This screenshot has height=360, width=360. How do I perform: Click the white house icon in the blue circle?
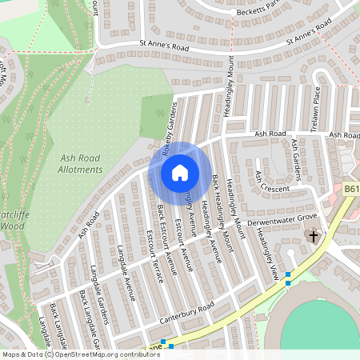(x=179, y=172)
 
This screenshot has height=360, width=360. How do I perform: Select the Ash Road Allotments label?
(x=81, y=164)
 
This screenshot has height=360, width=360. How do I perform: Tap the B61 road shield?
(x=352, y=189)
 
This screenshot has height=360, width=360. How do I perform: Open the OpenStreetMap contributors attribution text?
(x=103, y=354)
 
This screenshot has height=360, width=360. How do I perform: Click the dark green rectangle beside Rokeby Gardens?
(x=157, y=115)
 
